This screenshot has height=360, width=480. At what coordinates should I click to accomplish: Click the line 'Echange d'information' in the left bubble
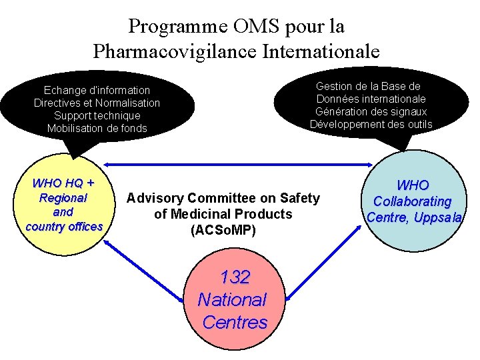(97, 90)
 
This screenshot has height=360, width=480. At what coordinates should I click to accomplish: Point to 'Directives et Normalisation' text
(97, 103)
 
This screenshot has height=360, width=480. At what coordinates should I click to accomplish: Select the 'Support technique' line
(97, 115)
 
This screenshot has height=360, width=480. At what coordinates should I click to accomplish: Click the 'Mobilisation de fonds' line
(97, 128)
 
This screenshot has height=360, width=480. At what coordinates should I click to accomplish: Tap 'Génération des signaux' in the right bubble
(371, 111)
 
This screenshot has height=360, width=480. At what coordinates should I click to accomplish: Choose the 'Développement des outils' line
(371, 124)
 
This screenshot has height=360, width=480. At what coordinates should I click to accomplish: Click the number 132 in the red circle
(234, 277)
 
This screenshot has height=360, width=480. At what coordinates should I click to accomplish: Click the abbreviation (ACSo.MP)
(223, 230)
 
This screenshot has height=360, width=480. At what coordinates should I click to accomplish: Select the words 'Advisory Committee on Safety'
(223, 198)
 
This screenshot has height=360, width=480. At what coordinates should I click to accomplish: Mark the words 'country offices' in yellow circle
(64, 227)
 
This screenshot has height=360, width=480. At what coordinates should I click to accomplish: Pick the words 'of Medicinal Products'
(223, 214)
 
